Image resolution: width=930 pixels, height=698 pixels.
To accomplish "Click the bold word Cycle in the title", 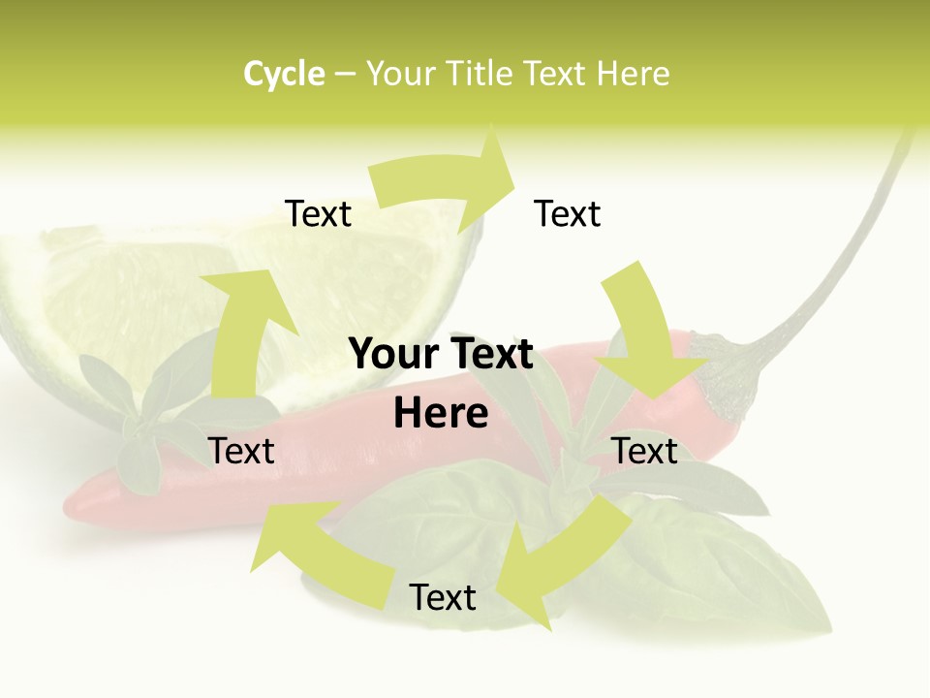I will pos(284,74).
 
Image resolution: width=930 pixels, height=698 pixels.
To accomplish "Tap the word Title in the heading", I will pos(479,74).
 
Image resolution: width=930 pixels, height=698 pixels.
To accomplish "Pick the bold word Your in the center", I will pos(395,355).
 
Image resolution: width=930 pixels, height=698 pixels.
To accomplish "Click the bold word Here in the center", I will pos(441,414).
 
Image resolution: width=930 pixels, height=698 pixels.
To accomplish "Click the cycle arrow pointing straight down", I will pos(644,334).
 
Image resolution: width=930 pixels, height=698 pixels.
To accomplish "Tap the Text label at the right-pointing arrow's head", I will pos(568,214).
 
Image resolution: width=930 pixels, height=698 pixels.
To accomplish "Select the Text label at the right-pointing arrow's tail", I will pos(318,214).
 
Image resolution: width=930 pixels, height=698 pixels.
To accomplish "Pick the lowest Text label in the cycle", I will pos(443,598).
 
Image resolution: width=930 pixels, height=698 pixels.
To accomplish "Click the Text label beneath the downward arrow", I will pos(645,452).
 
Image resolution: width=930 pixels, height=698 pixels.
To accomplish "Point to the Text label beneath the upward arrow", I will pos(241,452).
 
